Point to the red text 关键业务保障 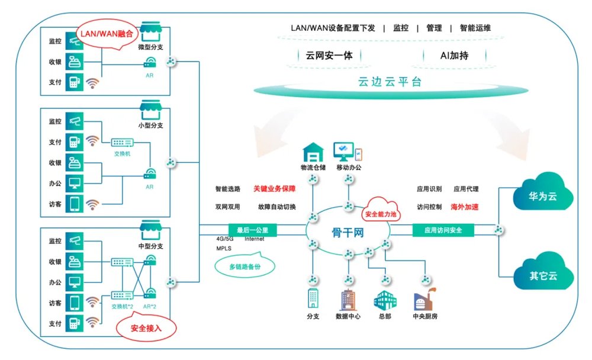coord(274,189)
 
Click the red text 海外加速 coord(465,207)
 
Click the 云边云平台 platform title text coord(391,83)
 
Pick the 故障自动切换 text coord(276,207)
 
